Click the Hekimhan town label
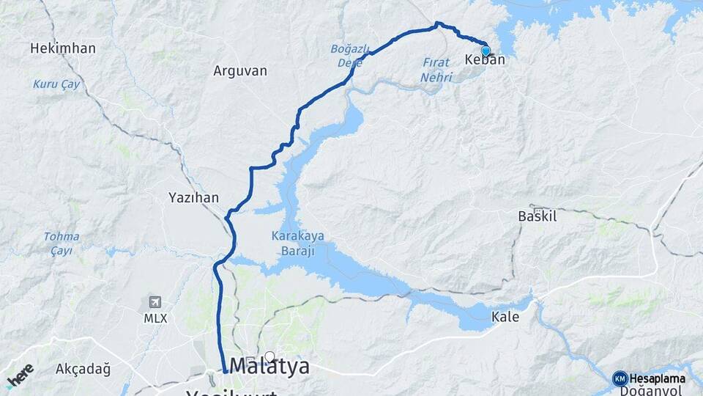point(63,48)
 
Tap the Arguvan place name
point(240,71)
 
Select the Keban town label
point(485,60)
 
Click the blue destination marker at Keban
point(486,51)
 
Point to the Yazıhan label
point(193,197)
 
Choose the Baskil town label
point(538,216)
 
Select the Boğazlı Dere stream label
point(349,55)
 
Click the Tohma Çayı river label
point(62,243)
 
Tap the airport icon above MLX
point(155,302)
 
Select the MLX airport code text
point(155,318)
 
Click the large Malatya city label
point(269,366)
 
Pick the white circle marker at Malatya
point(269,356)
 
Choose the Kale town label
point(505,318)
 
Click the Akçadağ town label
point(83,369)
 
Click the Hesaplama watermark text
point(658,378)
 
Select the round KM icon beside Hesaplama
point(620,378)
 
